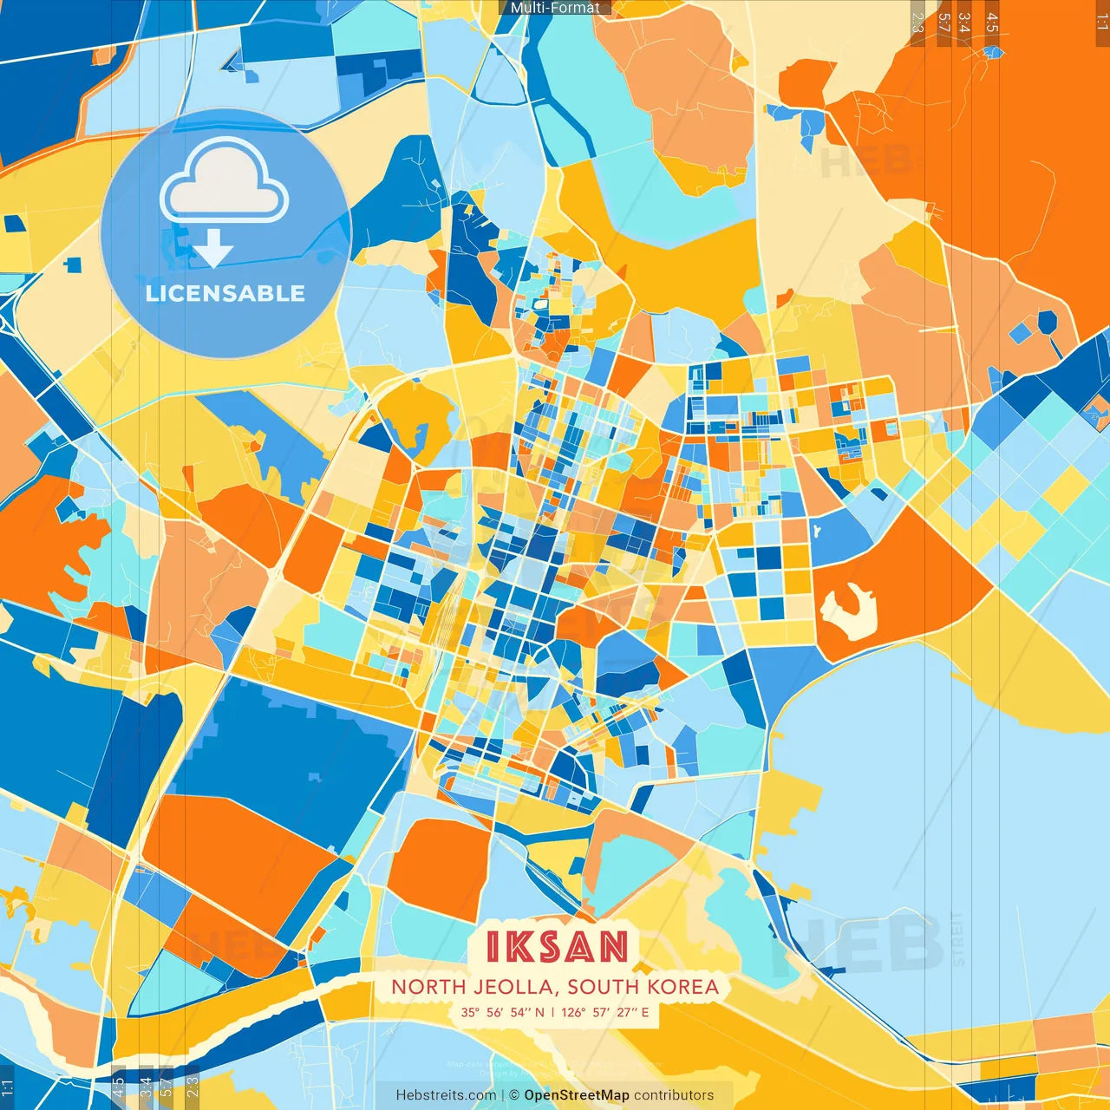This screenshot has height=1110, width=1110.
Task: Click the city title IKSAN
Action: [557, 947]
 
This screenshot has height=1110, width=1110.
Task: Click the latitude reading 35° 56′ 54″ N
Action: [502, 1012]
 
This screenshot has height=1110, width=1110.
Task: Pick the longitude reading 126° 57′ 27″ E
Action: [605, 1012]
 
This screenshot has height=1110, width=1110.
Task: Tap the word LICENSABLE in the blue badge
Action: [225, 293]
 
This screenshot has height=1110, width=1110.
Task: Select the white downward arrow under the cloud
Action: [213, 249]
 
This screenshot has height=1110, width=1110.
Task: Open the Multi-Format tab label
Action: [555, 8]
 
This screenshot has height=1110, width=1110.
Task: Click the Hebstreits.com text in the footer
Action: [446, 1095]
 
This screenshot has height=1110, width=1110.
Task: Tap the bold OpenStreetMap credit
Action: [577, 1095]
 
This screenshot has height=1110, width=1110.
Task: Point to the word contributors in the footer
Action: [674, 1095]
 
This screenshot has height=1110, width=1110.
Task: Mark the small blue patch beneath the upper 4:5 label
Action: [993, 52]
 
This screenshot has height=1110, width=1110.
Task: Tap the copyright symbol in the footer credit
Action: [513, 1095]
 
